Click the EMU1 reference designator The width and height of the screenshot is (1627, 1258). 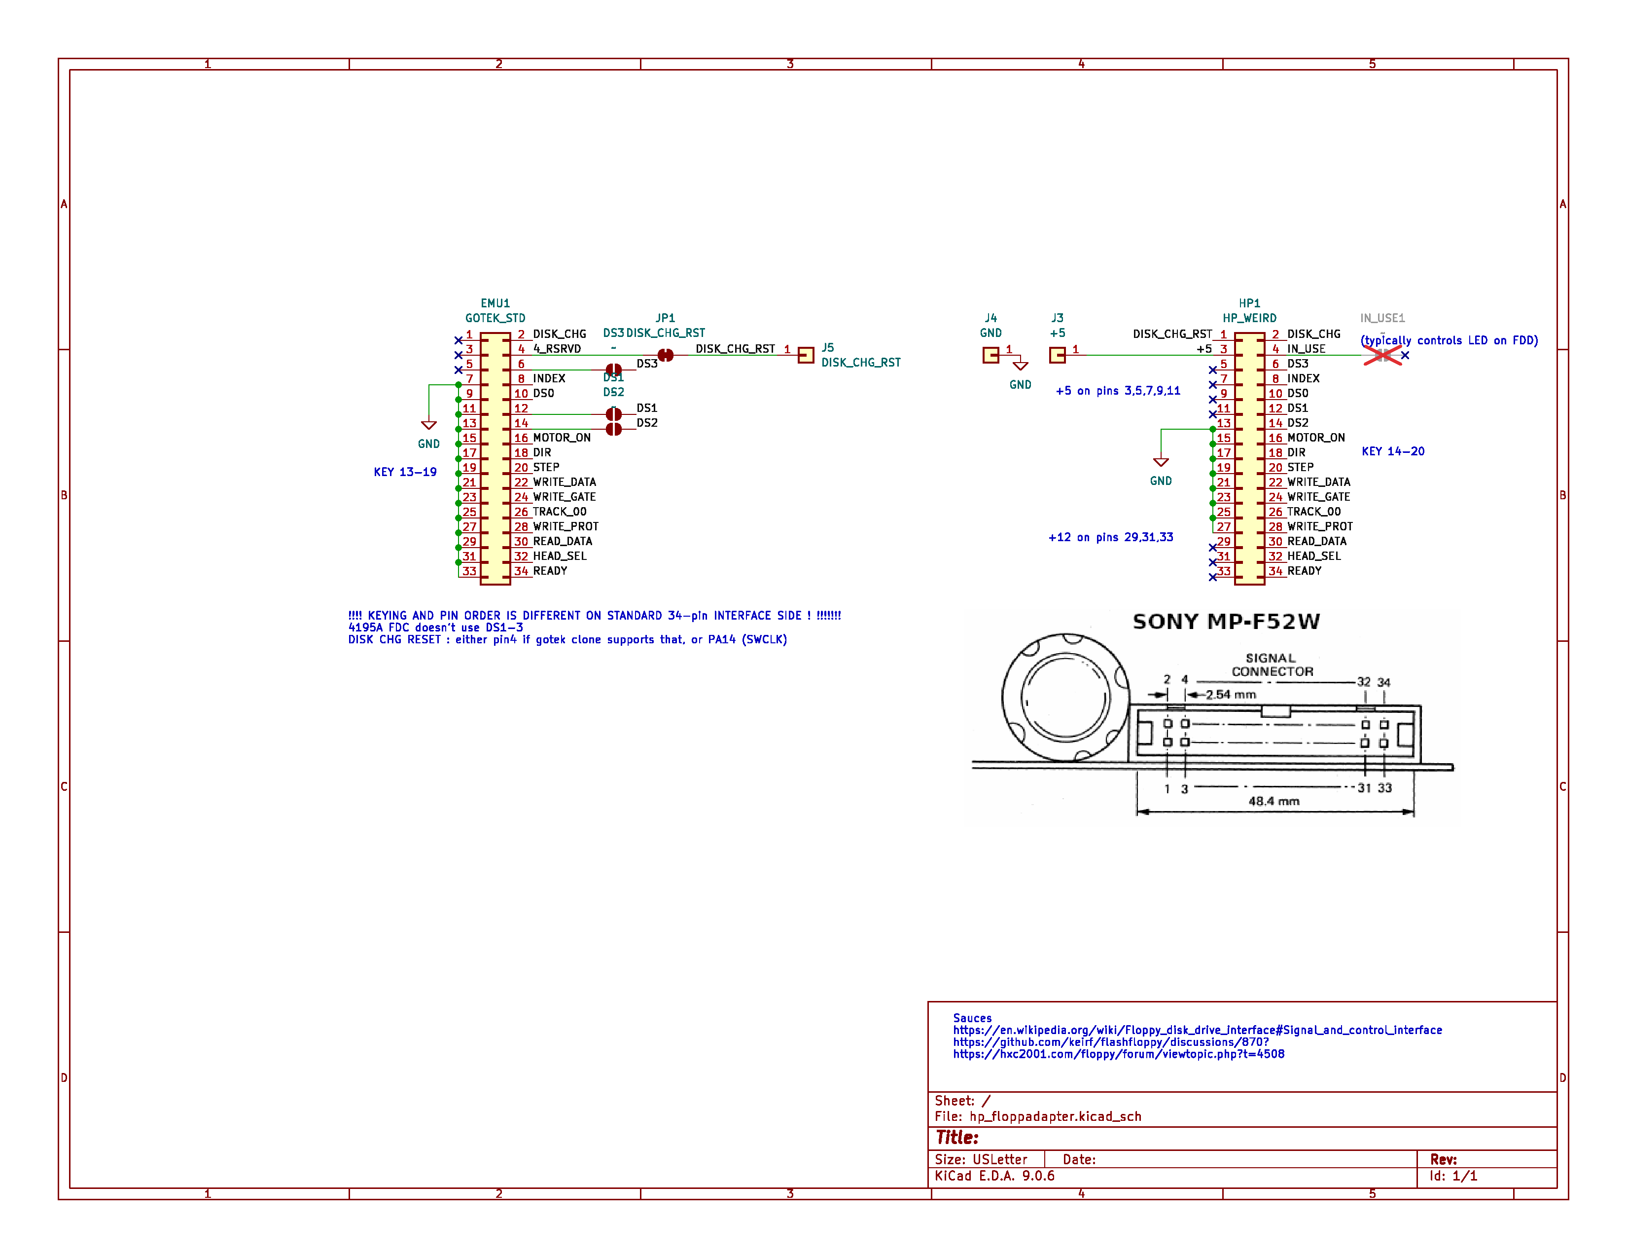[495, 303]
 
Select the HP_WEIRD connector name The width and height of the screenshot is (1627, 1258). [1249, 318]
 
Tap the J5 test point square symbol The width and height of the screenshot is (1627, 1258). [805, 356]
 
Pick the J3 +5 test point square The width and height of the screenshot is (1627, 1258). [1057, 356]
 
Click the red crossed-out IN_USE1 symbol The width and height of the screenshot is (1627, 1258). [1382, 356]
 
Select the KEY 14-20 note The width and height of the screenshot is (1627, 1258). [1392, 451]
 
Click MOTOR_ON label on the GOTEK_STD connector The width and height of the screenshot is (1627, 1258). [561, 438]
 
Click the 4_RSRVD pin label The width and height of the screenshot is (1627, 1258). [557, 349]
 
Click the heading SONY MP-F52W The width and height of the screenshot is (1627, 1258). [1226, 622]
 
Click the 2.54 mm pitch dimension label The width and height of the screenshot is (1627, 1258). [1231, 695]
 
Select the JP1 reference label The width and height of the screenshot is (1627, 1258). [665, 318]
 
